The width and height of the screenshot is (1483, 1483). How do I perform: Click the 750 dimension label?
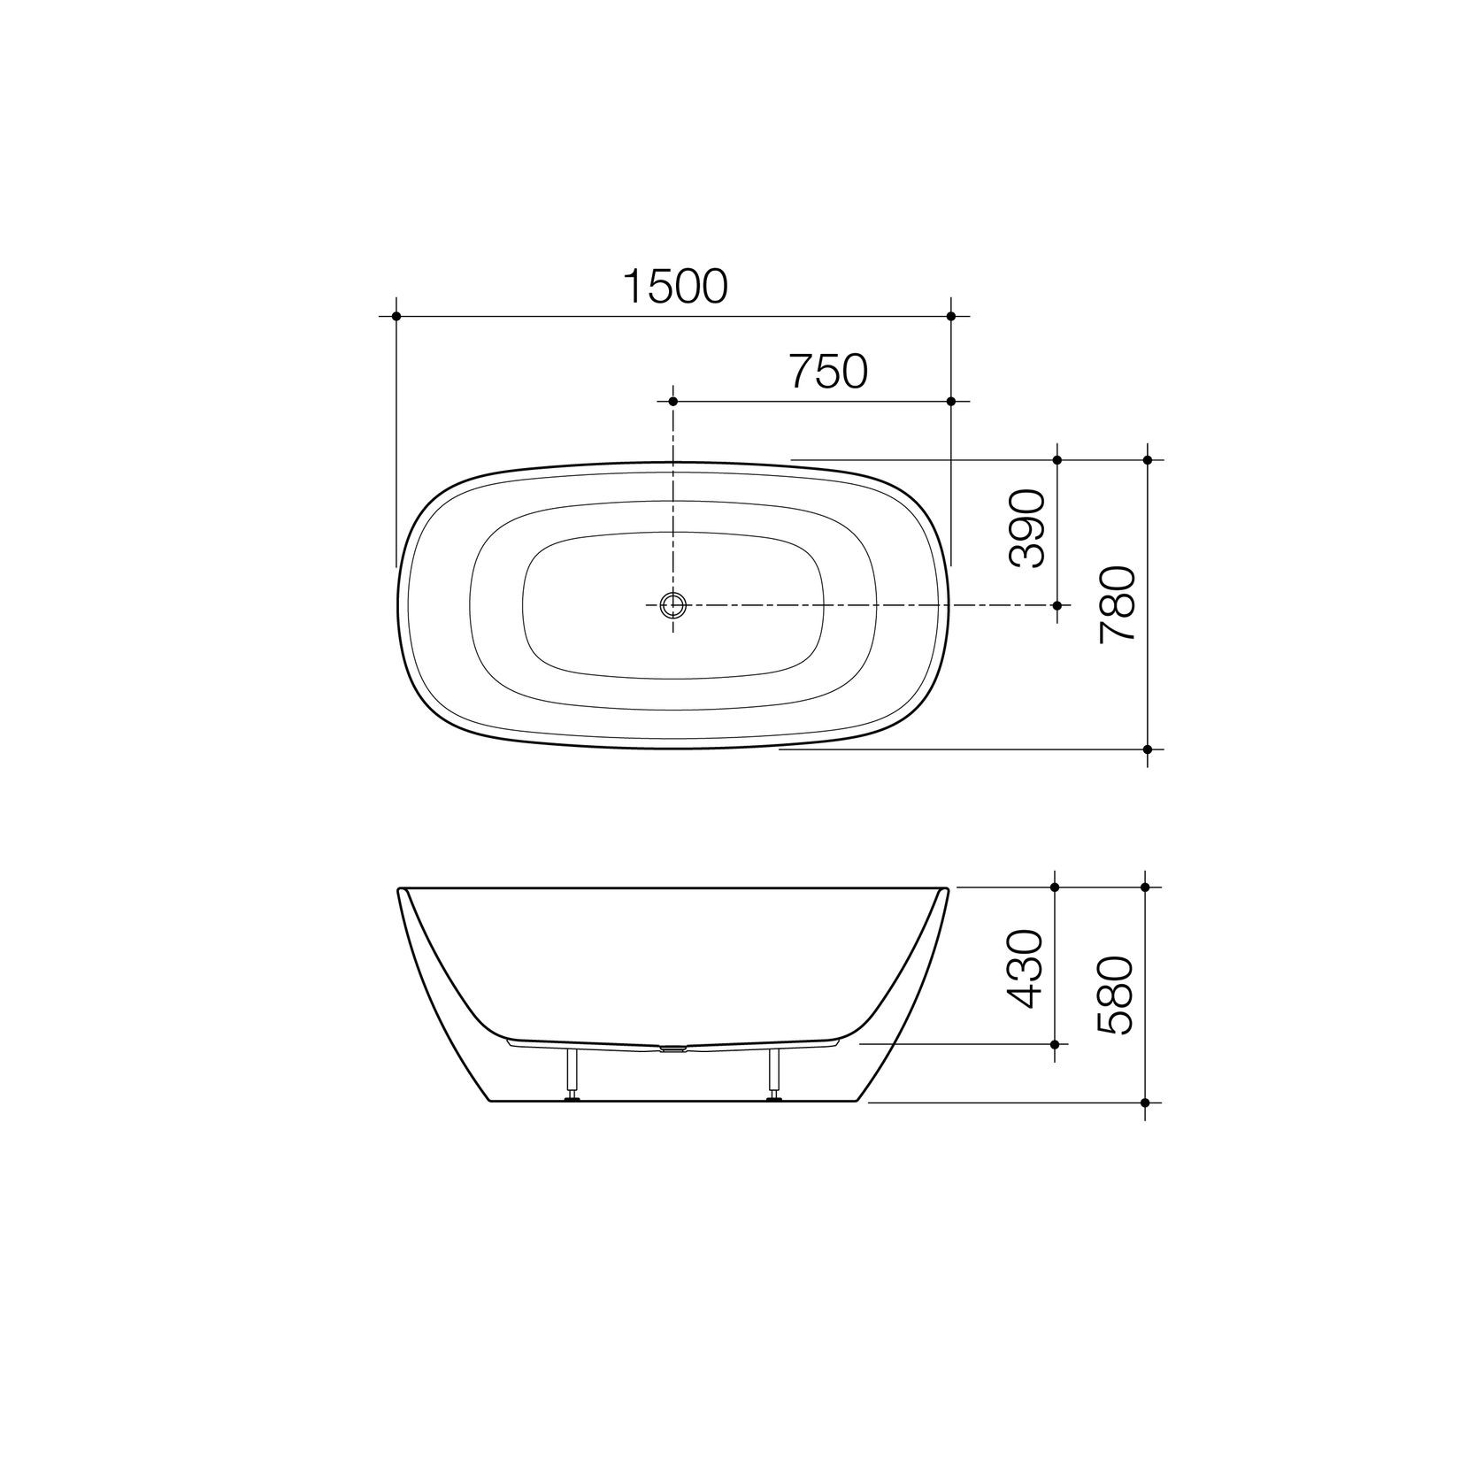pyautogui.click(x=828, y=372)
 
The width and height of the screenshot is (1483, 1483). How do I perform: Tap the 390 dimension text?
pyautogui.click(x=1027, y=528)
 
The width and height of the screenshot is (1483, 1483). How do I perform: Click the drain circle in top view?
pyautogui.click(x=673, y=605)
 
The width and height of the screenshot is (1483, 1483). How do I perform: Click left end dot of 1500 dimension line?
pyautogui.click(x=396, y=316)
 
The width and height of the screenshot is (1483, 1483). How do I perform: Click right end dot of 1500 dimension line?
pyautogui.click(x=951, y=316)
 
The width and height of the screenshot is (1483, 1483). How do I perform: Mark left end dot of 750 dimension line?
pyautogui.click(x=673, y=402)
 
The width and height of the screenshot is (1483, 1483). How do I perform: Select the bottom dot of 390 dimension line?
pyautogui.click(x=1057, y=605)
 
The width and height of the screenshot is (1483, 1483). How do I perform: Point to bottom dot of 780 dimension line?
pyautogui.click(x=1148, y=749)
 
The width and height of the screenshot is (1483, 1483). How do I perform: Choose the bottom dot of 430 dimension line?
pyautogui.click(x=1055, y=1044)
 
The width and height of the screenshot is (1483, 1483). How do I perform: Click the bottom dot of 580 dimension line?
pyautogui.click(x=1145, y=1103)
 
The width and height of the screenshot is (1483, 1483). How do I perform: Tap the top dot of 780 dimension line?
pyautogui.click(x=1148, y=460)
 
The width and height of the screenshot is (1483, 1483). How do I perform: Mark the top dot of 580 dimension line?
pyautogui.click(x=1145, y=887)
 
